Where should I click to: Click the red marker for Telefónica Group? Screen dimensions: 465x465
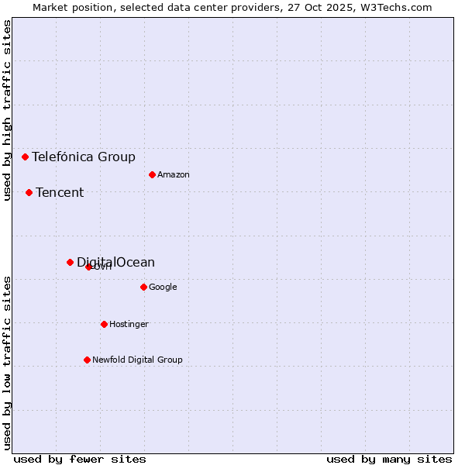tap(25, 157)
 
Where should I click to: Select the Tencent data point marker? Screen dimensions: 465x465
tap(29, 192)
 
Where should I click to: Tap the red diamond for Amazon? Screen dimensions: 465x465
tap(152, 174)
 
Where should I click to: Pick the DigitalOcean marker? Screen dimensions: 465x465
tap(70, 262)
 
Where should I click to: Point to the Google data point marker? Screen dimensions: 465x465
tap(143, 287)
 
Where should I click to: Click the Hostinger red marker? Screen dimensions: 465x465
tap(104, 324)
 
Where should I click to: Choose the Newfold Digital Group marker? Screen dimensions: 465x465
tap(87, 360)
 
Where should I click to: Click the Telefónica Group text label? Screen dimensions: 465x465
tap(84, 157)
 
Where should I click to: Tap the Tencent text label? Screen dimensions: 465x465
tap(60, 193)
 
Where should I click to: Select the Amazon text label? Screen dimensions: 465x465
tap(174, 175)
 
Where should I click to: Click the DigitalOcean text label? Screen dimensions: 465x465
tap(115, 263)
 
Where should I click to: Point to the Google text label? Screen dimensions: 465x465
tap(163, 288)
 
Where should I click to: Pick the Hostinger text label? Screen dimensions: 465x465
tap(129, 325)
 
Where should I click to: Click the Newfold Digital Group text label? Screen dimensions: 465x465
tap(137, 360)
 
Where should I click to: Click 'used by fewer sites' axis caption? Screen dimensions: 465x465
tap(80, 459)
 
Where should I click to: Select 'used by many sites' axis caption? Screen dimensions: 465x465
tap(389, 459)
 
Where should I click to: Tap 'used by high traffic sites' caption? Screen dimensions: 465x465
tap(8, 110)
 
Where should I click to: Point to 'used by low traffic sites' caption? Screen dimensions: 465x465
tap(8, 363)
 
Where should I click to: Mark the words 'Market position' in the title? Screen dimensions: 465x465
tap(66, 8)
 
